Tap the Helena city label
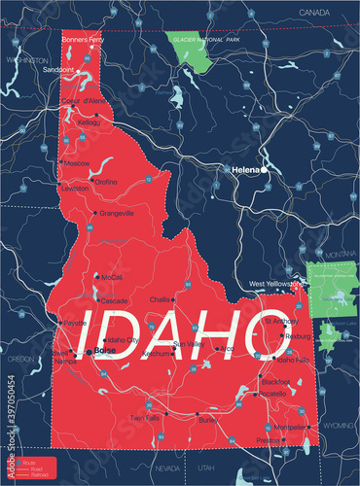tap(245, 169)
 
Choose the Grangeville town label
tap(115, 212)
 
